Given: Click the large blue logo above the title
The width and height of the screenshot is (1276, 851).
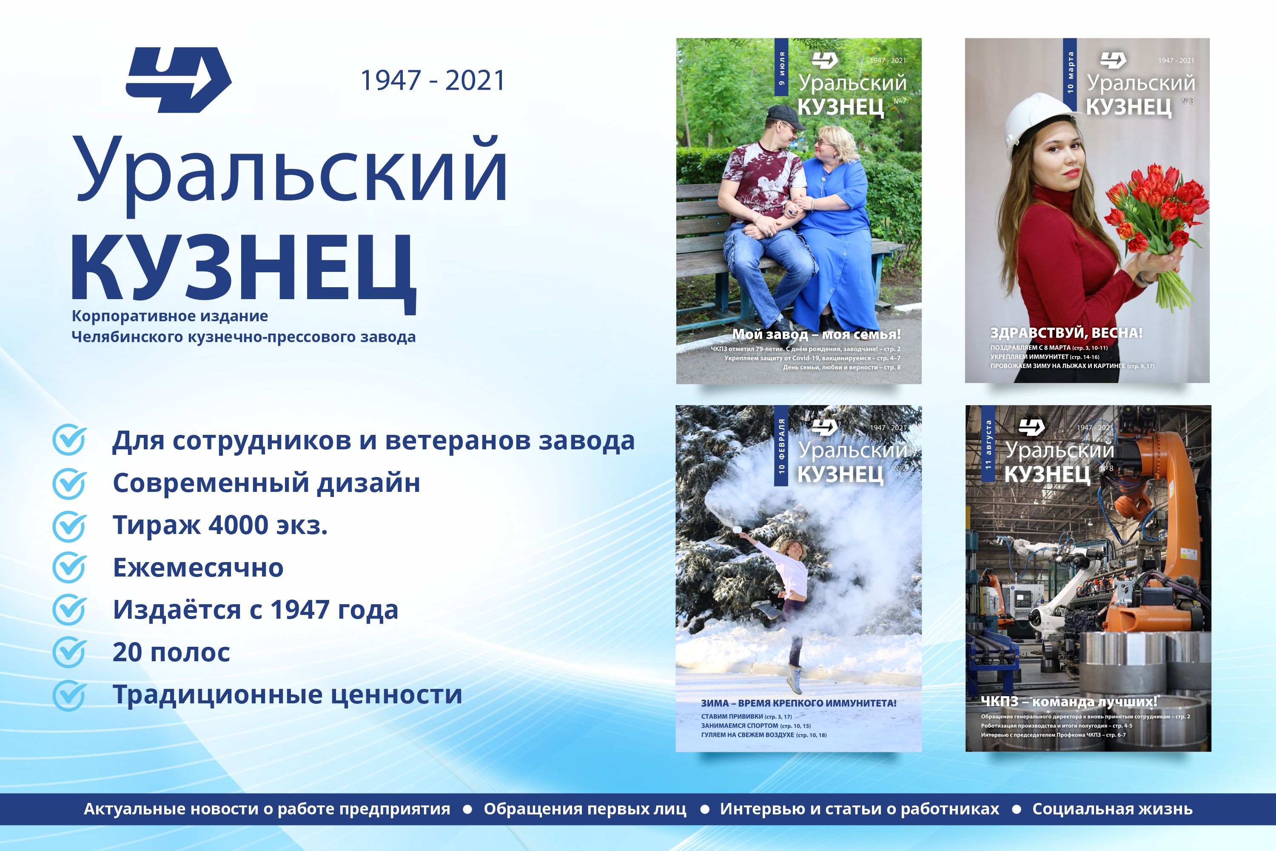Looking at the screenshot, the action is tap(179, 80).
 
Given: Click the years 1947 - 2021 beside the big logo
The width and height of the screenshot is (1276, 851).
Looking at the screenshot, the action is tap(433, 80).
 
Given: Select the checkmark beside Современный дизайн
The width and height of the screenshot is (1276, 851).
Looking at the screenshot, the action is tap(69, 483).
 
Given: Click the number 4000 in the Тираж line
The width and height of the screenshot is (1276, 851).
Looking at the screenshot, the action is tap(239, 525).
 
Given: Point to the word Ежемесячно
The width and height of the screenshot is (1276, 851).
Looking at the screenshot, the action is tap(198, 568).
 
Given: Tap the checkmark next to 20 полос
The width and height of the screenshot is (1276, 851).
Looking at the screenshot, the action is tap(69, 652).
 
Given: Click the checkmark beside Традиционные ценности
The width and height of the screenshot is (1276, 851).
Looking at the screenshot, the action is tap(69, 695).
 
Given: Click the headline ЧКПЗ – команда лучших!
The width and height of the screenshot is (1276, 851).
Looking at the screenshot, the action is tap(1069, 702).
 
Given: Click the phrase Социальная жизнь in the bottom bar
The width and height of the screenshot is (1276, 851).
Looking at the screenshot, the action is tap(1112, 809).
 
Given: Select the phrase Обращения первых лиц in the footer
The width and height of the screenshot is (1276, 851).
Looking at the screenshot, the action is tap(585, 809).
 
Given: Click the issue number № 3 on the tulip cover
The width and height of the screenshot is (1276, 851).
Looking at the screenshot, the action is tap(1188, 101).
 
